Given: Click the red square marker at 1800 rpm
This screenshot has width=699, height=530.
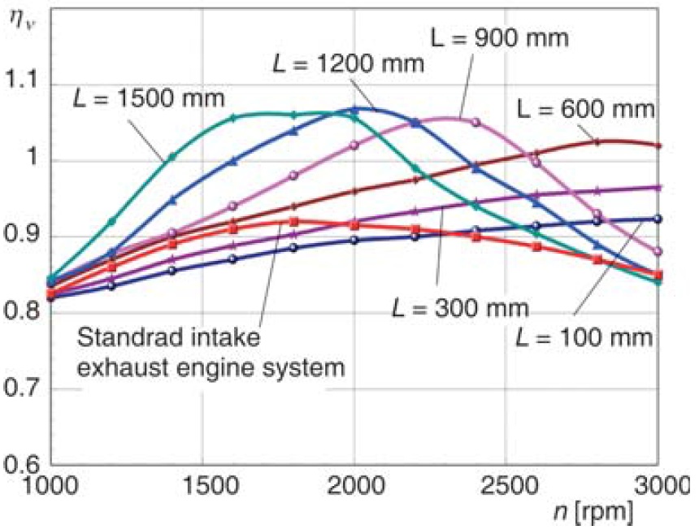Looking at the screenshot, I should point(293,221).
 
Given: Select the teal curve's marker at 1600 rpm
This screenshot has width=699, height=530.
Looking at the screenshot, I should point(232,118).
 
